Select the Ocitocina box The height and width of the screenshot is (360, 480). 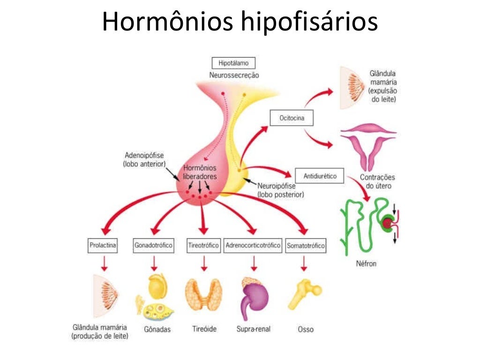(292, 118)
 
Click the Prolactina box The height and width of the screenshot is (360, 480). (103, 245)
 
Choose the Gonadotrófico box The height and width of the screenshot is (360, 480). (154, 245)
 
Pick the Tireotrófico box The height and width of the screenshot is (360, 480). (203, 245)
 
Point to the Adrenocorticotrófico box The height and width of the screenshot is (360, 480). (253, 245)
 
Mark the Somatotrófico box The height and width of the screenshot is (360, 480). (305, 246)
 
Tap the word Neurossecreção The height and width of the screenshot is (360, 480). (234, 75)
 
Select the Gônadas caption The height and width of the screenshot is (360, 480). (157, 329)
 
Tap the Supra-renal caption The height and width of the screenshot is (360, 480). (254, 329)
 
